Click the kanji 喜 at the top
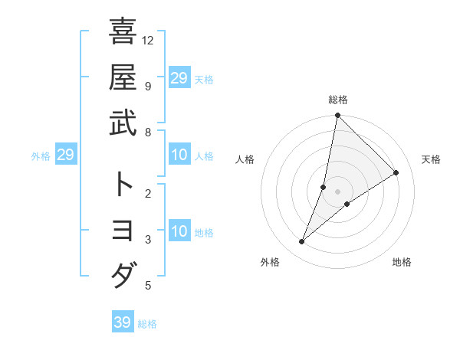(x=123, y=31)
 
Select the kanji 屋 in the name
(x=123, y=77)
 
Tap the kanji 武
(x=123, y=122)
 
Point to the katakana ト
(x=123, y=184)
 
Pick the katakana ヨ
(x=123, y=230)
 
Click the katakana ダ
(x=123, y=274)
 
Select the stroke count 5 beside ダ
(x=148, y=286)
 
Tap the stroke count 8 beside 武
(x=148, y=132)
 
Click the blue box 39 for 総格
(x=123, y=322)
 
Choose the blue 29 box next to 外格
(x=66, y=155)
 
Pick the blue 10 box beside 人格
(x=179, y=155)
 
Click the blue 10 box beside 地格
(x=179, y=231)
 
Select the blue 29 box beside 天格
(x=179, y=77)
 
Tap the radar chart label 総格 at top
(x=338, y=100)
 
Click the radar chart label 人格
(x=245, y=159)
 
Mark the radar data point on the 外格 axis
(x=302, y=242)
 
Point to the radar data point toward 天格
(x=396, y=172)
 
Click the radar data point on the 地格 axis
(x=347, y=203)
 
